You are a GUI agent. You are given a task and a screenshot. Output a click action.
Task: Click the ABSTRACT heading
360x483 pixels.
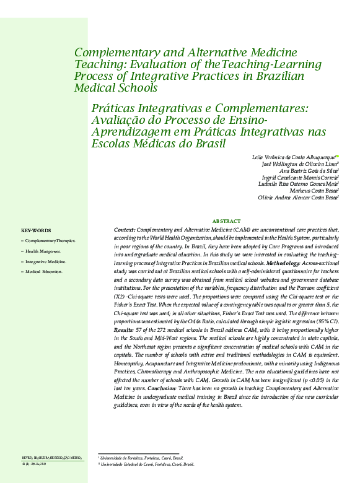click(x=226, y=221)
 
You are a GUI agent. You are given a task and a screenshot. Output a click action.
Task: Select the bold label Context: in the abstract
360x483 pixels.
click(x=125, y=229)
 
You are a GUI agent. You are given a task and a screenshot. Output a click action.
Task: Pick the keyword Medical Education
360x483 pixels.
click(x=46, y=272)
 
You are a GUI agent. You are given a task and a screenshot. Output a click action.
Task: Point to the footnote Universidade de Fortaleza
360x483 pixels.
click(x=143, y=458)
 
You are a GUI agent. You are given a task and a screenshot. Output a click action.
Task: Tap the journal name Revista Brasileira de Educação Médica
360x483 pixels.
click(x=51, y=457)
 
